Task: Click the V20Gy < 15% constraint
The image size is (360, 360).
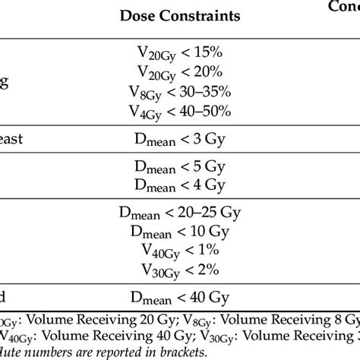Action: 180,51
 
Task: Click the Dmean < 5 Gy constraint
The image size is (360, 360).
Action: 180,164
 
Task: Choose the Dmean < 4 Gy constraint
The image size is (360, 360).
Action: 180,183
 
